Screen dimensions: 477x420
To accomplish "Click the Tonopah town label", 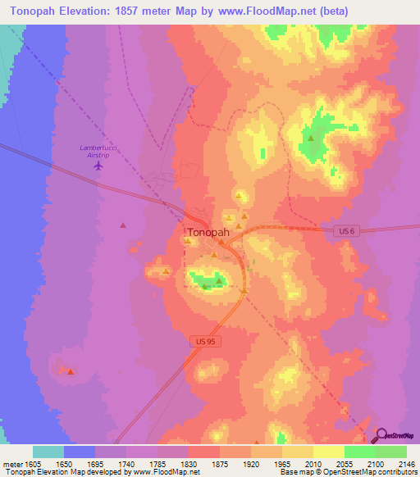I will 208,232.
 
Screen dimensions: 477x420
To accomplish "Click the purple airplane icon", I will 99,166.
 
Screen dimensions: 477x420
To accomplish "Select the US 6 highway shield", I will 347,233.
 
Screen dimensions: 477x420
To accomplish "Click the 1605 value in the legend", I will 32,464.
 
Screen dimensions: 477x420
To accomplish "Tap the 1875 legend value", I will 220,464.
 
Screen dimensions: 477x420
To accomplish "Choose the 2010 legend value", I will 313,464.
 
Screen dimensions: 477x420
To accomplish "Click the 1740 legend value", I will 126,464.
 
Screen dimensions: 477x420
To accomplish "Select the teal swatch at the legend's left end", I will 48,452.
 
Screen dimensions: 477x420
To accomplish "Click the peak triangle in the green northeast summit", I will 311,139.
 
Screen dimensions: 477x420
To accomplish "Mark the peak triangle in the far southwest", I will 71,371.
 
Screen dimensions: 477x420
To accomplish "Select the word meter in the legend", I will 11,464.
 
